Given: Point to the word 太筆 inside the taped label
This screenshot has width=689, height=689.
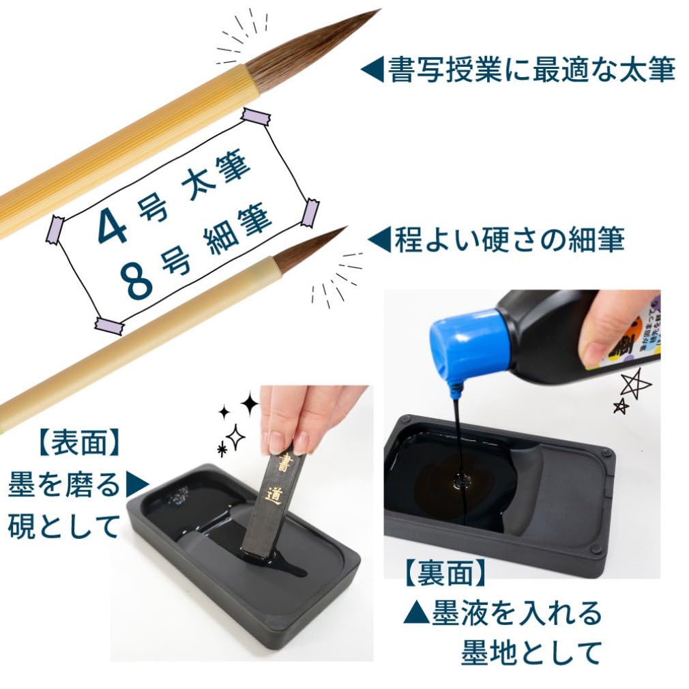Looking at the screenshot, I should click(x=216, y=181).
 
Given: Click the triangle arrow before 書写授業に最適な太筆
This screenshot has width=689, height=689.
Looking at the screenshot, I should click(x=372, y=70).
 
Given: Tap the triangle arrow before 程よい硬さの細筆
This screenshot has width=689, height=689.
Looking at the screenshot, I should click(x=379, y=240).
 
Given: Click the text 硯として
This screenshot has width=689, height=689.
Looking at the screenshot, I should click(x=64, y=526).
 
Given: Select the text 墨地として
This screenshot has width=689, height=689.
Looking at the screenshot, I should click(x=531, y=652).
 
